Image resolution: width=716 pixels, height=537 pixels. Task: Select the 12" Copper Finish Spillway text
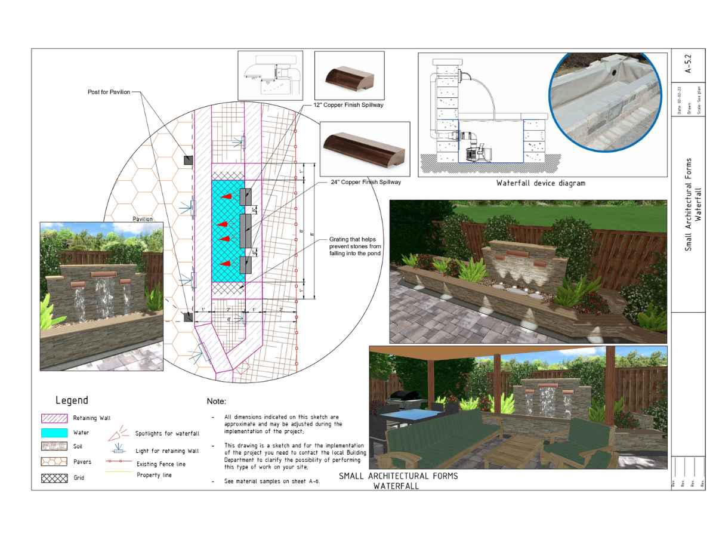348,105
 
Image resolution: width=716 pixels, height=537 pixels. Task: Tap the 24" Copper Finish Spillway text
366,182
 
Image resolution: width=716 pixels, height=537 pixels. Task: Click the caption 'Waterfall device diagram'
541,183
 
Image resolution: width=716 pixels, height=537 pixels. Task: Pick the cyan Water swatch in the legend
54,432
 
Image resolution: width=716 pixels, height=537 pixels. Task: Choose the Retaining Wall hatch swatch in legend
54,418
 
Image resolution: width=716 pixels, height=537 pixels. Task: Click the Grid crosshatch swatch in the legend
54,478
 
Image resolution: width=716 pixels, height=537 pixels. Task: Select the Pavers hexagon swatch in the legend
54,462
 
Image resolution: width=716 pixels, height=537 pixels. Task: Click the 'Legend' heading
72,400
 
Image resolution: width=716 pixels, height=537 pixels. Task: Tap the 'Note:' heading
217,402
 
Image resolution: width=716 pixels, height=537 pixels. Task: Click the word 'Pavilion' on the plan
143,219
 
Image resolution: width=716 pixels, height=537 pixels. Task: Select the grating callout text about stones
355,246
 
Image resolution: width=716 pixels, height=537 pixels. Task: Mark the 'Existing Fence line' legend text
161,464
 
